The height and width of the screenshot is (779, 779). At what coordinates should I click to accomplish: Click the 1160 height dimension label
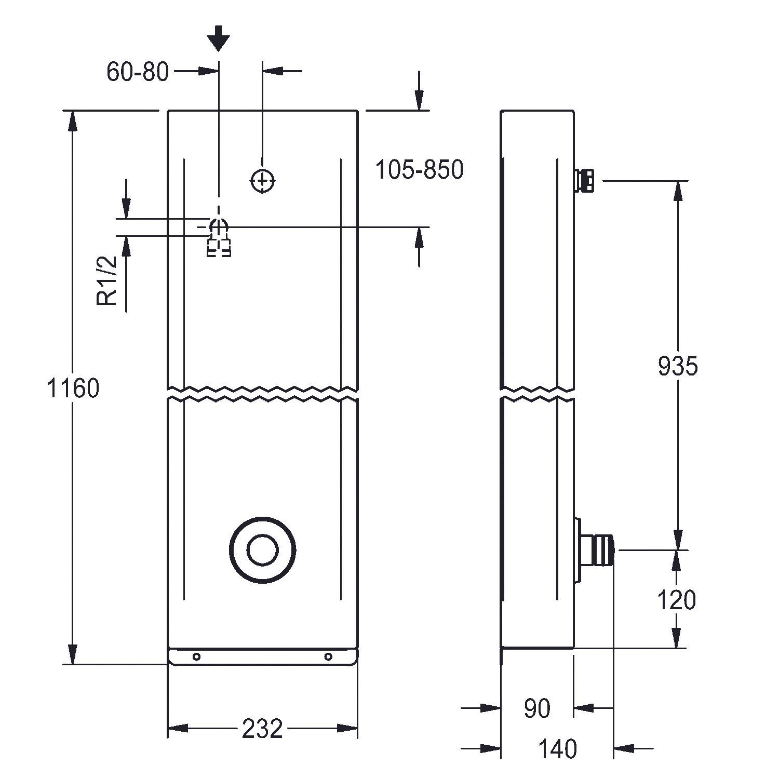73,388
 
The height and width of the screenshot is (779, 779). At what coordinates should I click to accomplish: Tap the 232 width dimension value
262,729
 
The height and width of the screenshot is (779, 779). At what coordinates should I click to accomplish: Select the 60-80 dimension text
138,71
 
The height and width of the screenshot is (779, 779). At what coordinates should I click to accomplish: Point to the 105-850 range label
419,170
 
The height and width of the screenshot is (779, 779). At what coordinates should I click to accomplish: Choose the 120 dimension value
676,600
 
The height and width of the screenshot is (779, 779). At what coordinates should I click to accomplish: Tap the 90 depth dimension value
537,709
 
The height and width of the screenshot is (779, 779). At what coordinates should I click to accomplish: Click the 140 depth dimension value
557,749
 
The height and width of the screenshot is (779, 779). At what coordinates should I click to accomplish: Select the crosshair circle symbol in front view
263,181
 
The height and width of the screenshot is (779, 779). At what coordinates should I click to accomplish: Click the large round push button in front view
263,550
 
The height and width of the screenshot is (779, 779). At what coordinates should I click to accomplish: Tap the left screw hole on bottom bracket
196,657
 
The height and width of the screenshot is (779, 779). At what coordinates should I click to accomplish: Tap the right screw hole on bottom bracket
328,657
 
